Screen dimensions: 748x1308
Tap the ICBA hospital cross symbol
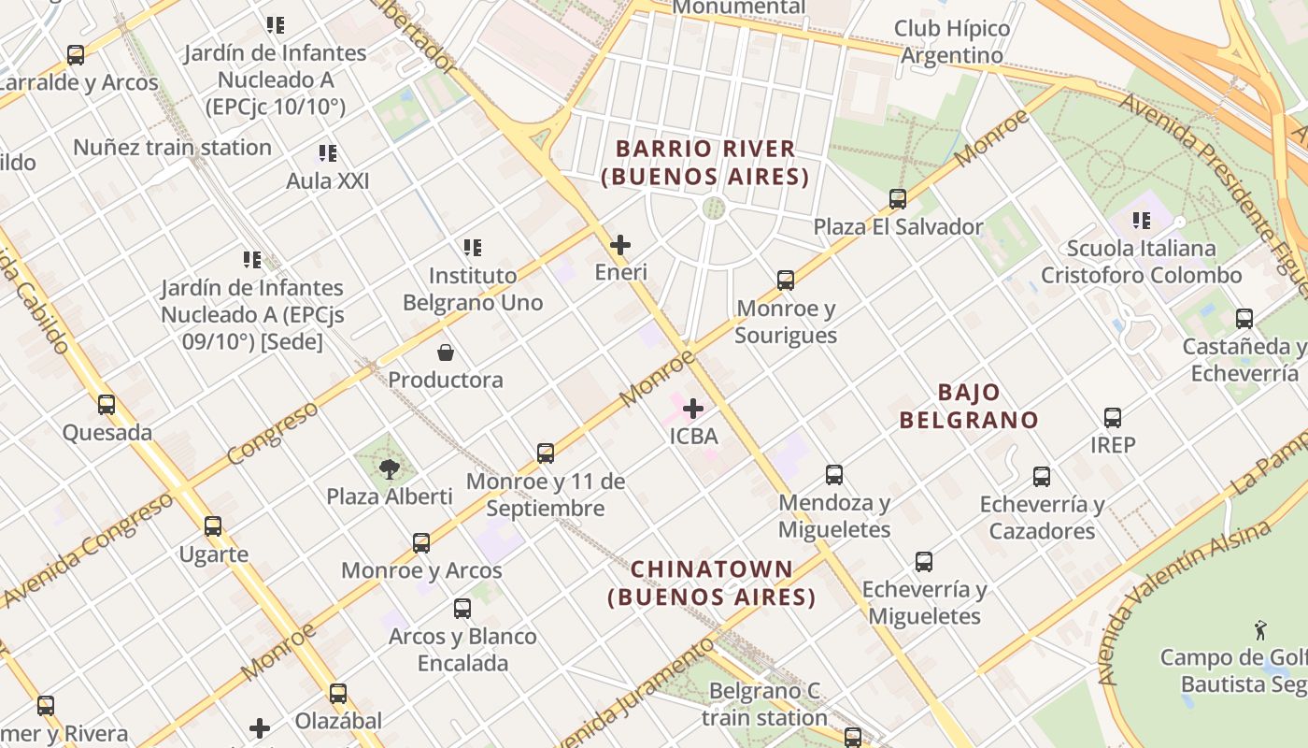(x=693, y=409)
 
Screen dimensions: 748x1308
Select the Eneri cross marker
(x=619, y=245)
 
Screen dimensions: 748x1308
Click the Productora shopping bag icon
(x=446, y=352)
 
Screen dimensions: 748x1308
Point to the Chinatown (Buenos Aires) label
(x=712, y=583)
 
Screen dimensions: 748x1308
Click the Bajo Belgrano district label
(x=969, y=406)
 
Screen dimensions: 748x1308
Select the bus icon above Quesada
(x=107, y=405)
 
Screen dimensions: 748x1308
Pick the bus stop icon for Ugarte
(x=213, y=526)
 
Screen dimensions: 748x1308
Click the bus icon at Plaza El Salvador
(x=898, y=199)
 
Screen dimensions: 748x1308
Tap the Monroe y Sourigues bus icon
(x=786, y=280)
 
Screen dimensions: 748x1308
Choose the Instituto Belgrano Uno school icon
(x=473, y=248)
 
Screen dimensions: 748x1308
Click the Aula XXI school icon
(x=327, y=152)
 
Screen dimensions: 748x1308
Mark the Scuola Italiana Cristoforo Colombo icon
(x=1141, y=221)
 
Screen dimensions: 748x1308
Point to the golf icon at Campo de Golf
(x=1260, y=630)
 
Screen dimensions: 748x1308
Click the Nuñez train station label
(x=172, y=148)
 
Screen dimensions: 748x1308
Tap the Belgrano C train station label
(x=764, y=705)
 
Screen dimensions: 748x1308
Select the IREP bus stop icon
(x=1113, y=418)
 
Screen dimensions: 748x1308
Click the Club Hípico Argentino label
(x=952, y=42)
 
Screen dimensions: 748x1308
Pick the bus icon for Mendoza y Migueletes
(x=834, y=475)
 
